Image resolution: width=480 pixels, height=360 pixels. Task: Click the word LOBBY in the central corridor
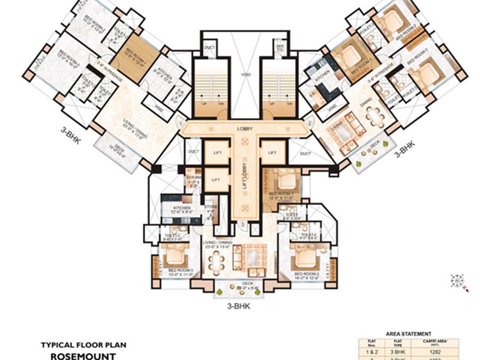[244, 128]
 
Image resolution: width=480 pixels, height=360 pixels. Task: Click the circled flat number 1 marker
[178, 123]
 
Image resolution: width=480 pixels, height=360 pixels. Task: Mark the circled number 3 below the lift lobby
[242, 225]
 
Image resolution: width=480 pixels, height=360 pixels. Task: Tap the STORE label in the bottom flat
[210, 207]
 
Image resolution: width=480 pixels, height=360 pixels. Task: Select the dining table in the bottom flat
[216, 259]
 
